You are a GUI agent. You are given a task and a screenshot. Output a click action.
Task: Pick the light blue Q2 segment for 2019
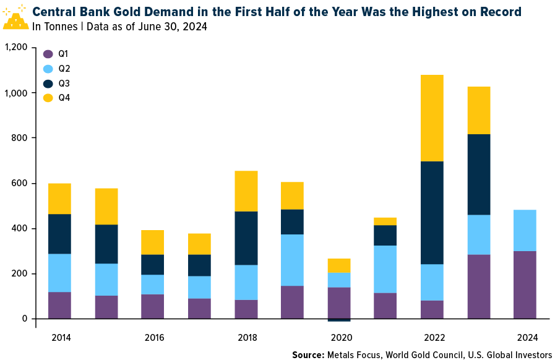292,260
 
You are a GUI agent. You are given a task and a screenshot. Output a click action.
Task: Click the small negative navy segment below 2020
338,320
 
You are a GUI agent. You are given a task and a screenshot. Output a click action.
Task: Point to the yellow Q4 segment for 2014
59,199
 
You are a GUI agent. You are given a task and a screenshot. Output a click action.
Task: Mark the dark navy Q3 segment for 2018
246,238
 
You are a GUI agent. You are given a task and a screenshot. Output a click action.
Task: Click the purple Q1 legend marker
48,53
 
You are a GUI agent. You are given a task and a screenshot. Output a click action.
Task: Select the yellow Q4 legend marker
48,98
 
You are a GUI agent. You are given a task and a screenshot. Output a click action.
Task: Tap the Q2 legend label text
64,68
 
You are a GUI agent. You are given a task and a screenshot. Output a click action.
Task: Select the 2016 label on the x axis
153,338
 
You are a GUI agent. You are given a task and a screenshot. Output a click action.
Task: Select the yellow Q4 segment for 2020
338,265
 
